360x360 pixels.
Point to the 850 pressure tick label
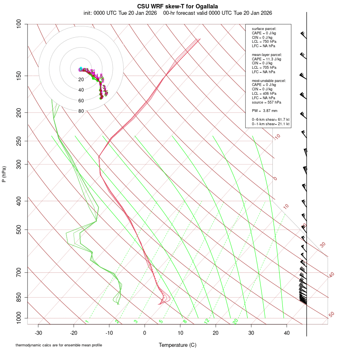(x=18, y=297)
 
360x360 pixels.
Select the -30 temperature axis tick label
(x=38, y=333)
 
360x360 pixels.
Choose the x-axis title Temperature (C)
(x=178, y=345)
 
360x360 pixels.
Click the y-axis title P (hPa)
(x=4, y=174)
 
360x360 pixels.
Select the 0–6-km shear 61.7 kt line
(x=270, y=120)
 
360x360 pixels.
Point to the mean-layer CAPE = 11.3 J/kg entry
(x=266, y=59)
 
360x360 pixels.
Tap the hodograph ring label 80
(x=81, y=111)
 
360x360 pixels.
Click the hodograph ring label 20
(x=81, y=80)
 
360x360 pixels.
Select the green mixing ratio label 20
(x=236, y=321)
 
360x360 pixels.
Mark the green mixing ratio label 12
(x=207, y=321)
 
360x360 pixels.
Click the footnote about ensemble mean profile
(x=59, y=345)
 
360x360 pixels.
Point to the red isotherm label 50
(x=331, y=315)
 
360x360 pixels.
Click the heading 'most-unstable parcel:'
(x=269, y=80)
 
